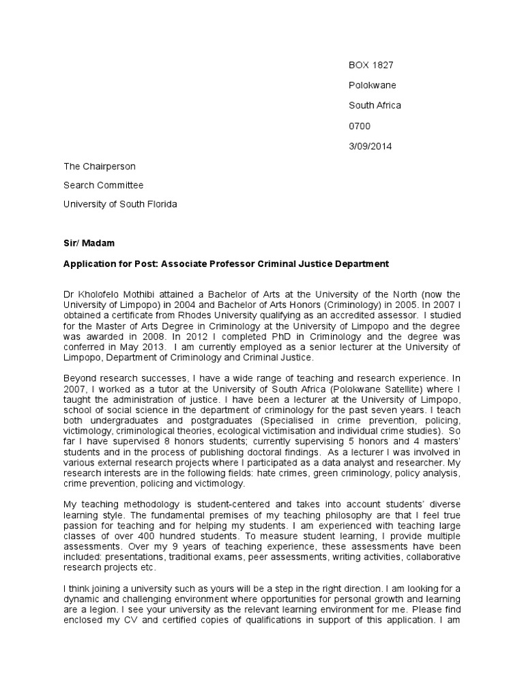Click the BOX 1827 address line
371,66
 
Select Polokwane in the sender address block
372,85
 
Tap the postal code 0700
360,126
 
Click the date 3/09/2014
370,146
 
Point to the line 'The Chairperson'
99,166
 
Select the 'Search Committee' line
103,185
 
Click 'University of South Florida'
120,204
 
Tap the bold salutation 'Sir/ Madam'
88,243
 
